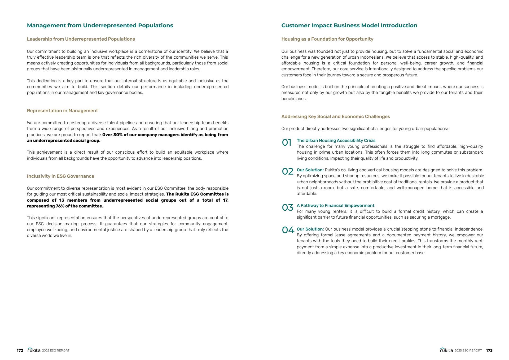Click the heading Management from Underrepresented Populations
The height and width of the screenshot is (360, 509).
100,25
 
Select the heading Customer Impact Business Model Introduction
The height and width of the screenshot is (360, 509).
349,25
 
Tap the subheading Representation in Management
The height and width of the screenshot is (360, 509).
62,111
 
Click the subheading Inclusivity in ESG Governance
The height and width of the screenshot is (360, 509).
60,176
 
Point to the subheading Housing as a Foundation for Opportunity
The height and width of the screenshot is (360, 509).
327,39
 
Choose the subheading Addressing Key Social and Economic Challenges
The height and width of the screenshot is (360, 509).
336,116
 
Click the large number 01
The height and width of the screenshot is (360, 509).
287,143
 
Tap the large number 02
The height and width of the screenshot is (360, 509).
288,172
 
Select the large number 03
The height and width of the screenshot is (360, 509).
288,207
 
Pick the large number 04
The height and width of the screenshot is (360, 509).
288,230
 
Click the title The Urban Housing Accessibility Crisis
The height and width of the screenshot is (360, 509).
336,141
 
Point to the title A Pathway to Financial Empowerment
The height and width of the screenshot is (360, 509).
335,206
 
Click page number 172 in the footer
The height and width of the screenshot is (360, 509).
20,350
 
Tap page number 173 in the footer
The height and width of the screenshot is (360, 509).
489,350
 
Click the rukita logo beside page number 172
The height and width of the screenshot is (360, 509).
34,350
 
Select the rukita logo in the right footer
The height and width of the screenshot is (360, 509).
446,350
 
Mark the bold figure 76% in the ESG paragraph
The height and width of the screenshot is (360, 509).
60,206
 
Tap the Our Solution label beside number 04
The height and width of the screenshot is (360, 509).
310,229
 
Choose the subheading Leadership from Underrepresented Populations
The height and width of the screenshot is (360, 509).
81,39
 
